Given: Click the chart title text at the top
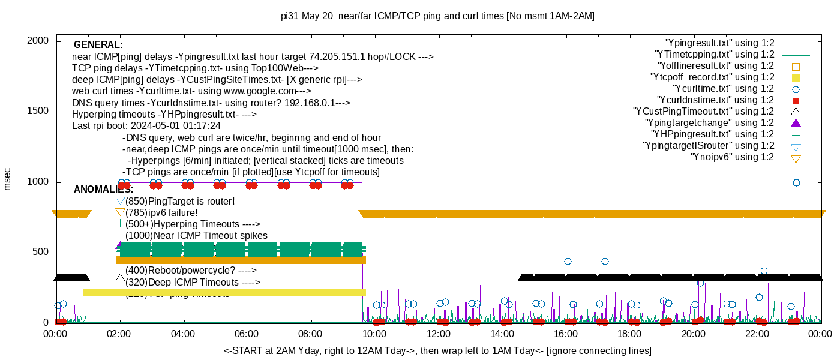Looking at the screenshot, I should [x=437, y=16].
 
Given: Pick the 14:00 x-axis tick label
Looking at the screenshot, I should [x=502, y=334].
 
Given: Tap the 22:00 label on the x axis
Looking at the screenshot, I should [x=757, y=334].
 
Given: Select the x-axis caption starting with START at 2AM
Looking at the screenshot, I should [x=437, y=350].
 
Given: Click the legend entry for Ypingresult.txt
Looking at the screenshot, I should [x=720, y=43].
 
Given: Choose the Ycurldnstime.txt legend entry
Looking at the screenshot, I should [x=716, y=100].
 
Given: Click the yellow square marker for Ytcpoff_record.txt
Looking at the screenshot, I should [x=796, y=77].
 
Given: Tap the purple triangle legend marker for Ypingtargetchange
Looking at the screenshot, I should [x=796, y=123].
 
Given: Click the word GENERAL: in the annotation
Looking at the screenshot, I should [x=98, y=45].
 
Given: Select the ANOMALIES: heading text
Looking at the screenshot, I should [x=103, y=190].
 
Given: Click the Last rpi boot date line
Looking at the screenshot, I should [x=146, y=126].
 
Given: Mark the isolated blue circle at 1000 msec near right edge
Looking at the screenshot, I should [x=796, y=182].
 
